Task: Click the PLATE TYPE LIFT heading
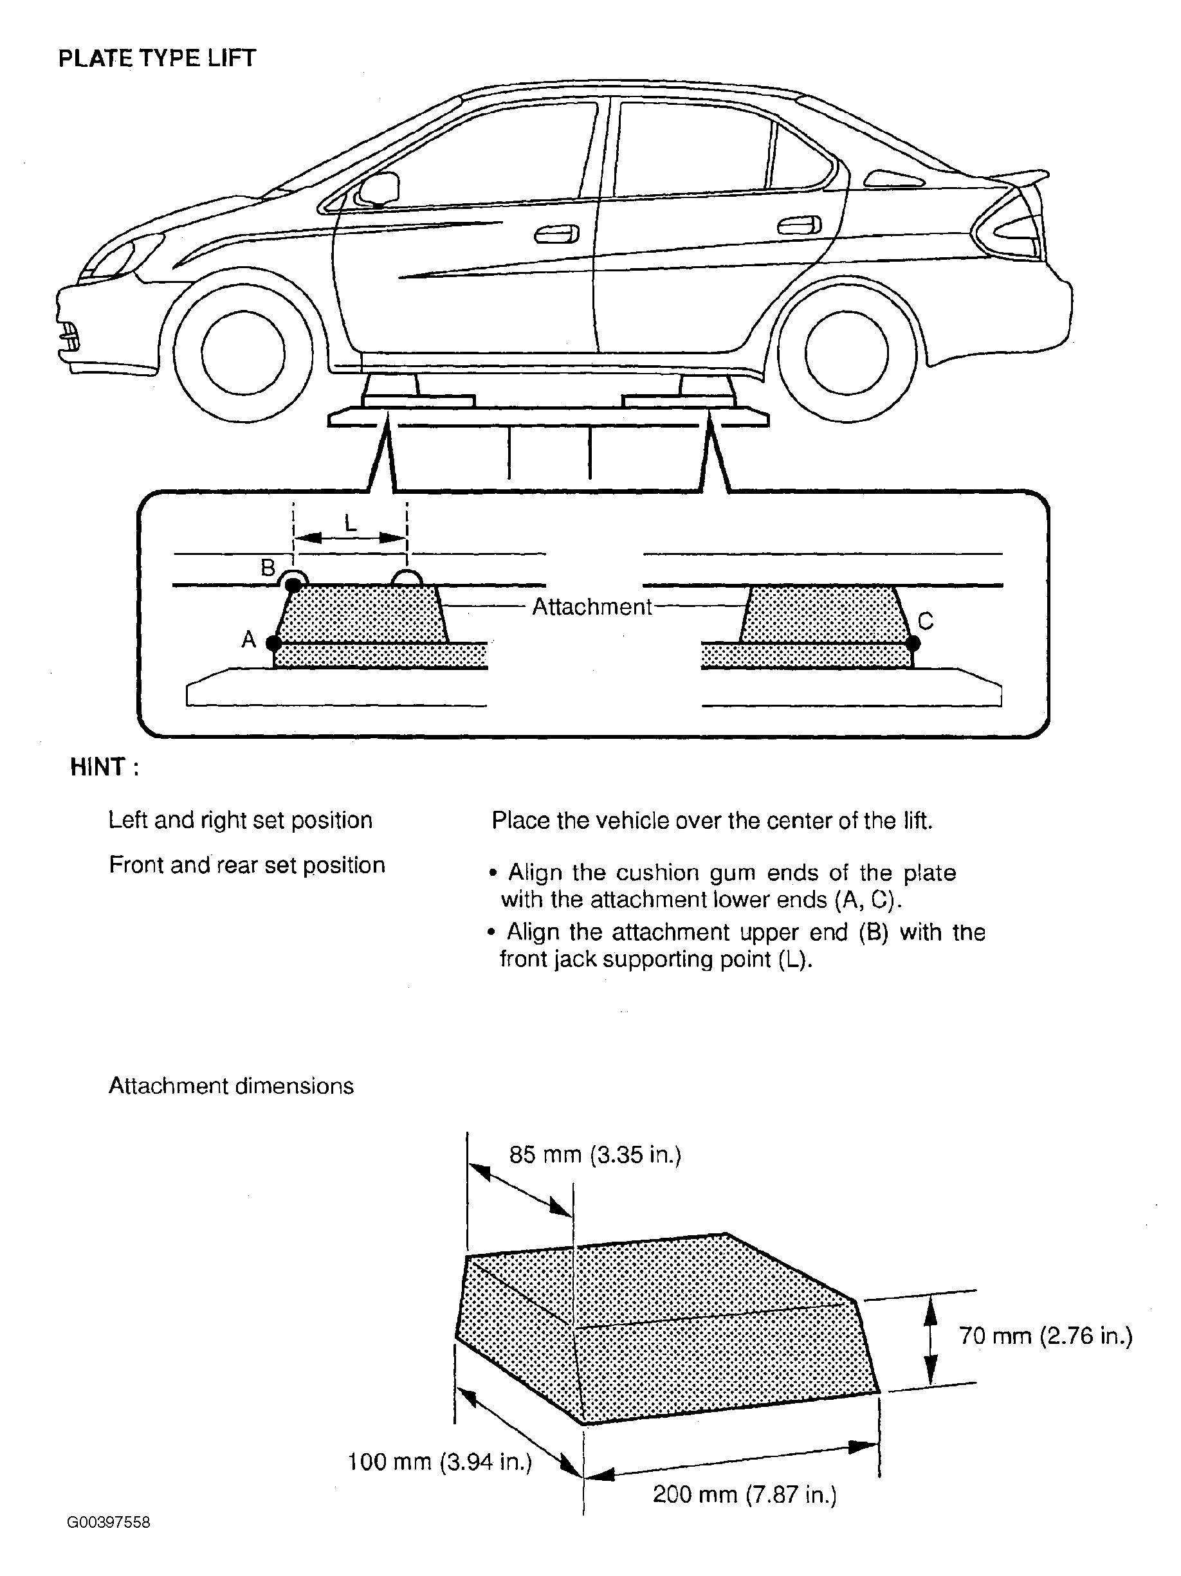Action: [157, 59]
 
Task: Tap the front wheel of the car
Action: [243, 352]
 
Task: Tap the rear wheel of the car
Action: [847, 352]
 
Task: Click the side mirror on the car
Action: [378, 189]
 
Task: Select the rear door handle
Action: [799, 226]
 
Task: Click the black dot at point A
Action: [273, 642]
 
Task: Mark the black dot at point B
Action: [293, 585]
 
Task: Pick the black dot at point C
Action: [913, 644]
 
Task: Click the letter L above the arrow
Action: [350, 523]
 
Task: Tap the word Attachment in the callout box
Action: [592, 607]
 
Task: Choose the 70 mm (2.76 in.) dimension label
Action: [1045, 1336]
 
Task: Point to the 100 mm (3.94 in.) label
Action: [440, 1463]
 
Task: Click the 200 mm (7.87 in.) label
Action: [744, 1495]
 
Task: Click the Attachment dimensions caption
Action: [231, 1087]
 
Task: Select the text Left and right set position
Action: [240, 820]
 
